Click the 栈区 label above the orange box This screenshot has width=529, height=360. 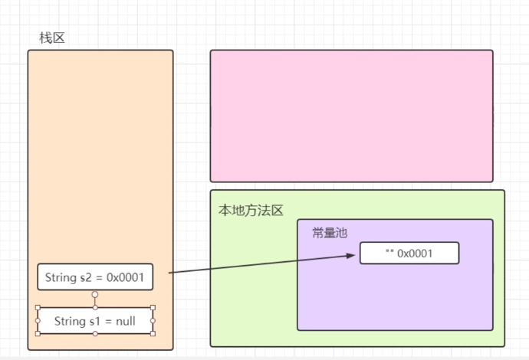pos(52,38)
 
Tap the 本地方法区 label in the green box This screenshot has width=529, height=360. pos(251,211)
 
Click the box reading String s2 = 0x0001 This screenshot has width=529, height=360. pos(95,277)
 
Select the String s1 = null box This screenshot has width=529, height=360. pos(95,321)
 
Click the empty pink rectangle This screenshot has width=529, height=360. pos(351,116)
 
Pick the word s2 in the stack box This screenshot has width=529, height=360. pos(86,277)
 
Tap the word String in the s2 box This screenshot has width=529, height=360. pos(61,277)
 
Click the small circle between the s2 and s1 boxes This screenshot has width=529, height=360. pos(95,294)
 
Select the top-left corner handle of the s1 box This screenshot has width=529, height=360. pos(38,308)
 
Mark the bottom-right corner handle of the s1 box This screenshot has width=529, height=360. pos(153,333)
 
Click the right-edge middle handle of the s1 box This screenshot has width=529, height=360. pos(153,321)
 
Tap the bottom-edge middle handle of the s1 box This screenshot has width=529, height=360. pos(95,333)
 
